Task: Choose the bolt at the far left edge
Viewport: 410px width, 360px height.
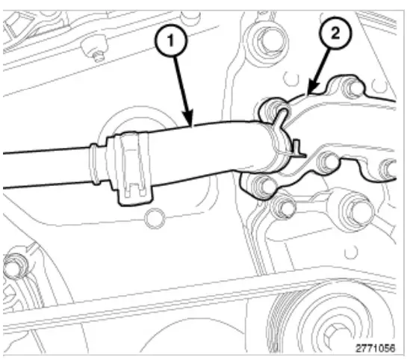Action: pyautogui.click(x=11, y=266)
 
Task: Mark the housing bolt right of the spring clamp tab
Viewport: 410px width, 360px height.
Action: pyautogui.click(x=325, y=161)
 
